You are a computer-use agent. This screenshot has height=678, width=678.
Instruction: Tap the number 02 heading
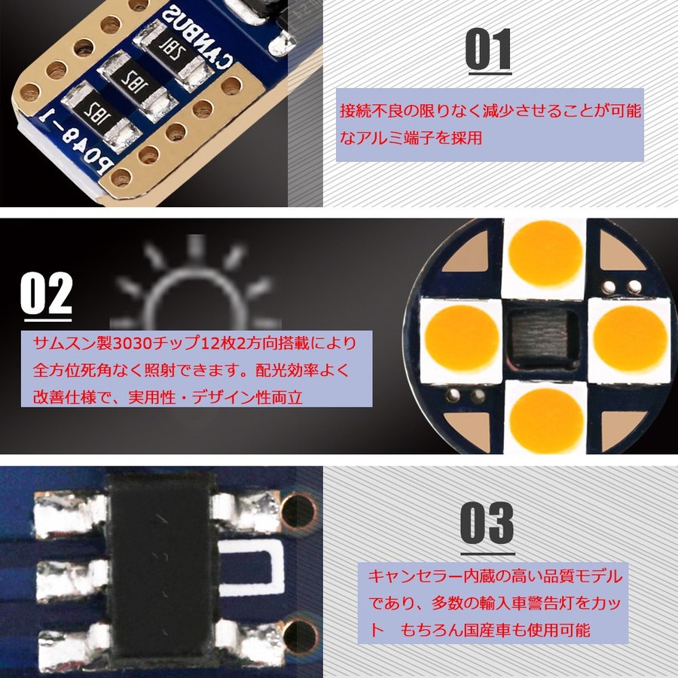point(46,293)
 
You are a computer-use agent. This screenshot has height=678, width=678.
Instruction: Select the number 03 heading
point(487,523)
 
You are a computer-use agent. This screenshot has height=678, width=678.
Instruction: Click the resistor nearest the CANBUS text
point(174,53)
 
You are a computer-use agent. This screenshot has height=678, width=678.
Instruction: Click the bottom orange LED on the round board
point(546,420)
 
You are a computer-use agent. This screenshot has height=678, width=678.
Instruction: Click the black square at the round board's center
point(543,340)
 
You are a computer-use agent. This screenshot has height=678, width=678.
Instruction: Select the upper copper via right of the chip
point(299,512)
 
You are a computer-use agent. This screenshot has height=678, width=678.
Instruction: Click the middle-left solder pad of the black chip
point(72,579)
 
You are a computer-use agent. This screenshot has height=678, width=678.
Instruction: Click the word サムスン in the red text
point(65,344)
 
